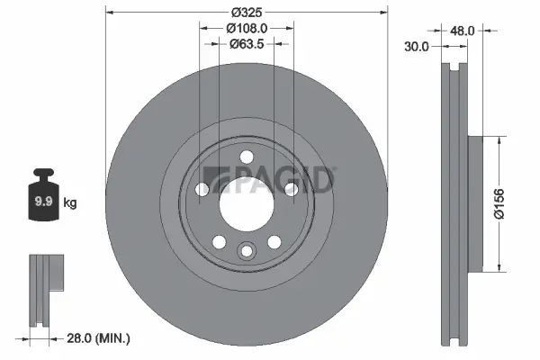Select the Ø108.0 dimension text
[x=246, y=28]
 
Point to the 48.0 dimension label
[x=462, y=31]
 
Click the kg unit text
[x=69, y=203]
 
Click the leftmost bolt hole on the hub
[x=202, y=189]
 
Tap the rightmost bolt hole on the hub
[x=291, y=189]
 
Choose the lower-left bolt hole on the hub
[x=218, y=240]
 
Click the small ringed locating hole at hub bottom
[x=246, y=251]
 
